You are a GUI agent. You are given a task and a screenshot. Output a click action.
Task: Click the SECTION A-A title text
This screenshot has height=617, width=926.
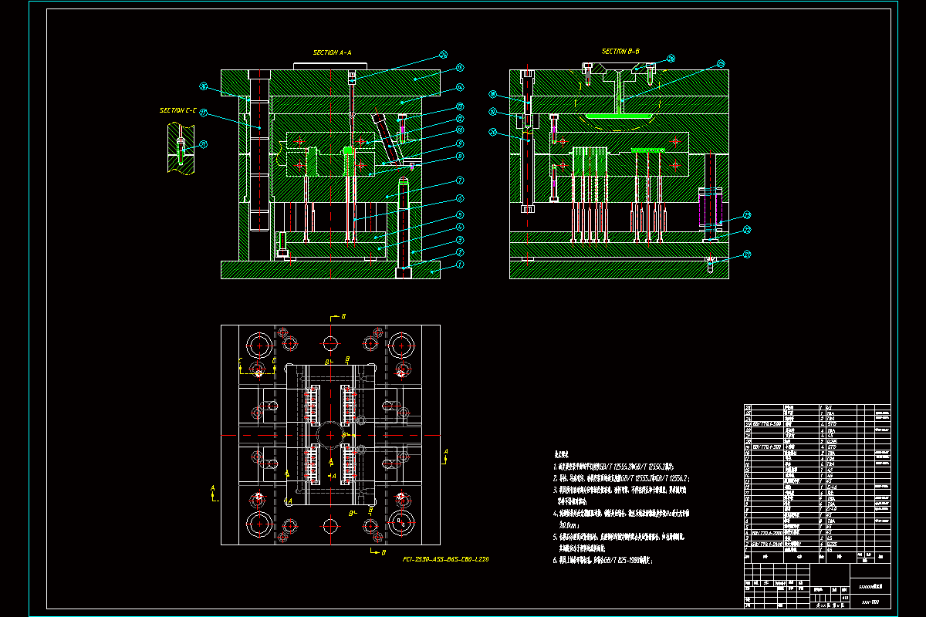(332, 52)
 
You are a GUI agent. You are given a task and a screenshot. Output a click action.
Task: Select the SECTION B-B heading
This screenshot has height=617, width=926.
(620, 52)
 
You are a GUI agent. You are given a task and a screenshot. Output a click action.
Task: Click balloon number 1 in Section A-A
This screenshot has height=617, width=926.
(460, 265)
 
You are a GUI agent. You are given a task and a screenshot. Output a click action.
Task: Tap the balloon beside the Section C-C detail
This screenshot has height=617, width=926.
(204, 144)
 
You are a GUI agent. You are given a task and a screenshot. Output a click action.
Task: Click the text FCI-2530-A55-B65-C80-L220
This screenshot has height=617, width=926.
(445, 558)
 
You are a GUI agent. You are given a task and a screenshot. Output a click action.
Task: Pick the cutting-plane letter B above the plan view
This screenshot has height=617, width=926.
(343, 317)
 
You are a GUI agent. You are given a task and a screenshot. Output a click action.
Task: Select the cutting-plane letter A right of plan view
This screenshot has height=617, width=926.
(445, 450)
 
